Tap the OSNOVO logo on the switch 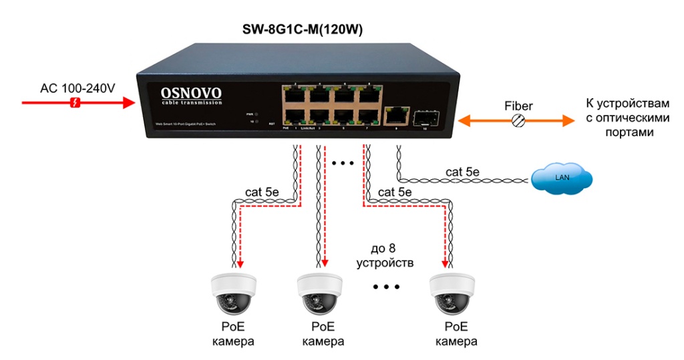click(191, 94)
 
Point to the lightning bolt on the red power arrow click(76, 103)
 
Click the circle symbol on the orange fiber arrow click(518, 121)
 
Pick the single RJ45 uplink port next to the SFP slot click(397, 116)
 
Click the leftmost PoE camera click(232, 294)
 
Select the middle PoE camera click(319, 294)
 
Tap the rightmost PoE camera click(452, 294)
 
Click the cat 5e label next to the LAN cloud click(463, 172)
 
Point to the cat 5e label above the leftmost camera click(262, 192)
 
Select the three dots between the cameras click(386, 287)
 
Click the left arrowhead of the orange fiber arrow click(466, 121)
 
